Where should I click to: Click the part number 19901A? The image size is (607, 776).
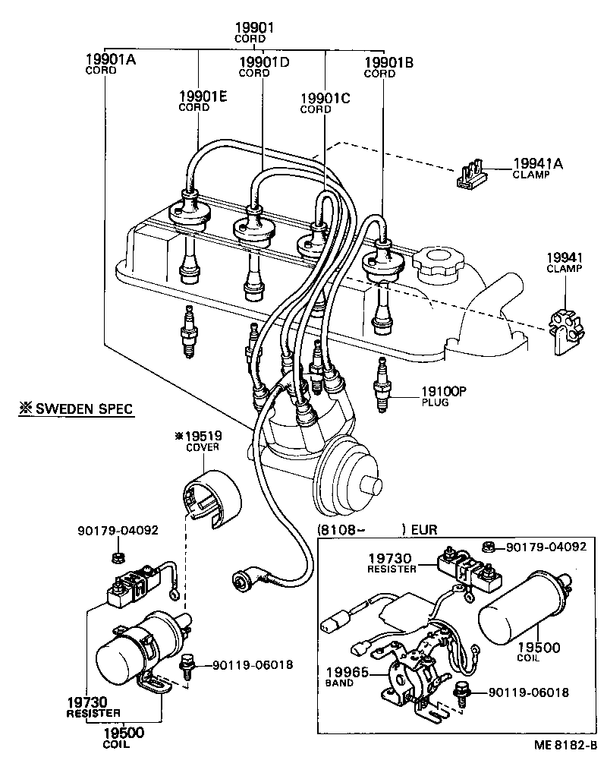(111, 58)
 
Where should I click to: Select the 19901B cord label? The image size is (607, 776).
(388, 62)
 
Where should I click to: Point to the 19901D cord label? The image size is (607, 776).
(264, 62)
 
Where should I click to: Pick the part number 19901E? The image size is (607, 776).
(203, 96)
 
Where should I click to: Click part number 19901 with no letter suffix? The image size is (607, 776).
(253, 27)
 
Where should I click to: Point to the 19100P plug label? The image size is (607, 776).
(444, 391)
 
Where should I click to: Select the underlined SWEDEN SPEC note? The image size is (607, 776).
(76, 409)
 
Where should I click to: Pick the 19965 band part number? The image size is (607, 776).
(347, 672)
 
